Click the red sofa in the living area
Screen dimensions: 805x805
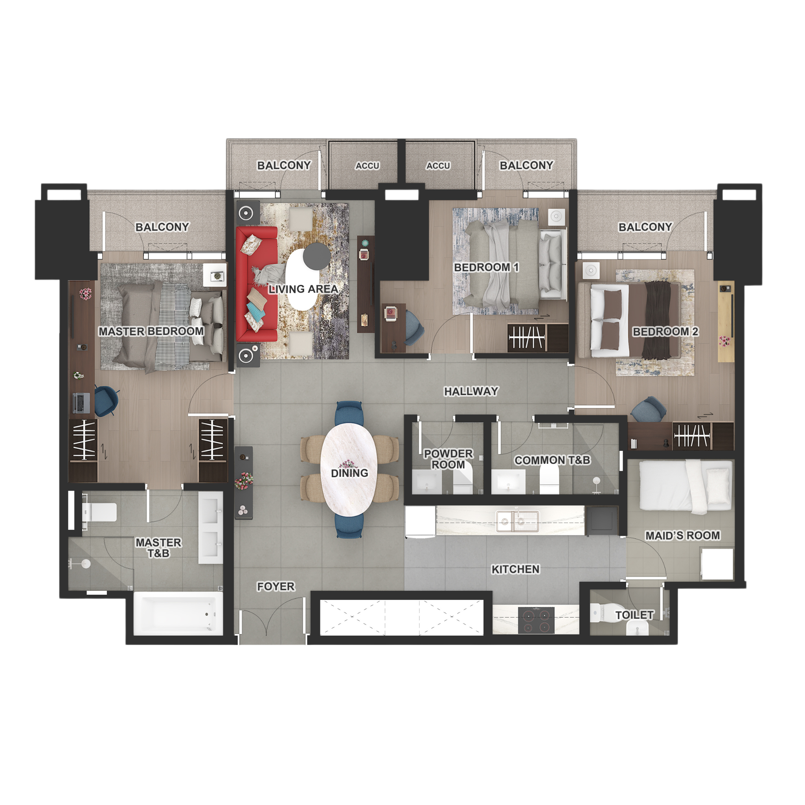(x=256, y=284)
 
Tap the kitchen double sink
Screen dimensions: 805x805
(x=517, y=521)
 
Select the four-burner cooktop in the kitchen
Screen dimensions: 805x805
(x=536, y=620)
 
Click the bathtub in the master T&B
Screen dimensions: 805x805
(x=178, y=614)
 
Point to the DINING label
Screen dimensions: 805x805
(x=349, y=473)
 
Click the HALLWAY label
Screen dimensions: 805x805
(x=471, y=391)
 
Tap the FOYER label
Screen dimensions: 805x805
(x=276, y=587)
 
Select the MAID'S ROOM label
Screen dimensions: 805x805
(x=682, y=535)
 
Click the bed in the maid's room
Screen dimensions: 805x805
(x=686, y=486)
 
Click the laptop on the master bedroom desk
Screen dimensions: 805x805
(x=81, y=402)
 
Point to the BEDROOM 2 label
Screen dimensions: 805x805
(x=665, y=332)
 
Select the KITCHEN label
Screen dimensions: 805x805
(x=515, y=569)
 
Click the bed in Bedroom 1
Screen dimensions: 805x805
(x=516, y=265)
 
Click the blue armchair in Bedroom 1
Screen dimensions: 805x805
(x=414, y=327)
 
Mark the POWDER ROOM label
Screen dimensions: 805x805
(x=448, y=459)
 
